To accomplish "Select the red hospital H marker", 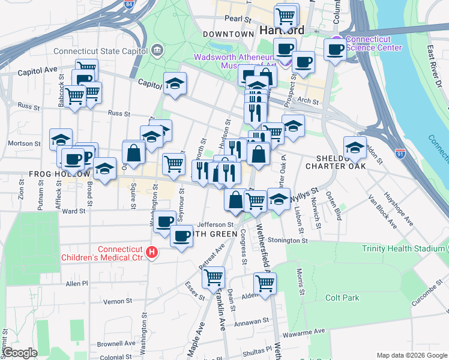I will pyautogui.click(x=152, y=253).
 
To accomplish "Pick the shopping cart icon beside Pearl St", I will pyautogui.click(x=286, y=15).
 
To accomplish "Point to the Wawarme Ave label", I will pyautogui.click(x=304, y=331).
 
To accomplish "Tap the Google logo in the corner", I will pyautogui.click(x=20, y=353).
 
